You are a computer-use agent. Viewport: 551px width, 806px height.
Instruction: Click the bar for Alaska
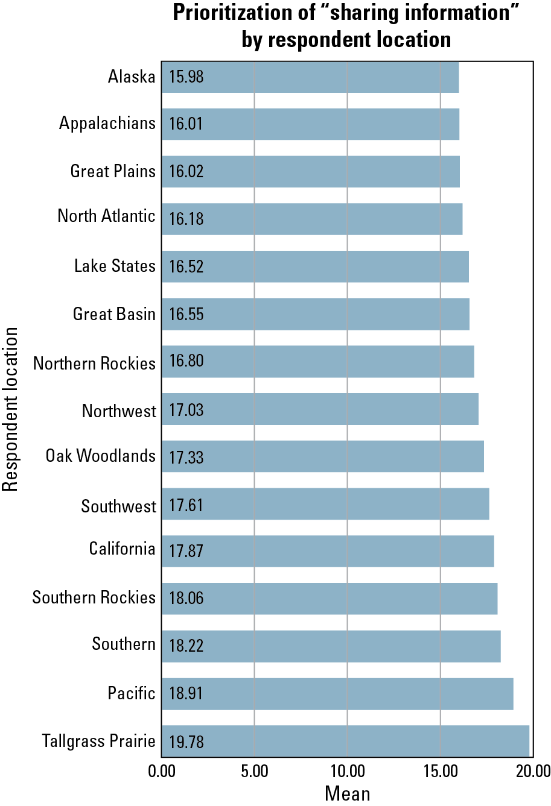(310, 77)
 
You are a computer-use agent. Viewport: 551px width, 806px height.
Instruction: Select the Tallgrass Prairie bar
(345, 741)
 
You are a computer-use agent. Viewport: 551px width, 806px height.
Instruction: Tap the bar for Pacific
(337, 694)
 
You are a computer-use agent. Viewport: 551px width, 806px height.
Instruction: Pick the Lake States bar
(315, 266)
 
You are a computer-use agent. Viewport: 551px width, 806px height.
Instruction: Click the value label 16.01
(186, 124)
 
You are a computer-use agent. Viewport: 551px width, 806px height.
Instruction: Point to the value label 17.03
(186, 410)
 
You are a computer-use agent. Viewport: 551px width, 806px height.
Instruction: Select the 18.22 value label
(186, 646)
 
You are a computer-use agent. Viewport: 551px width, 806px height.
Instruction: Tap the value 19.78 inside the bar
(186, 741)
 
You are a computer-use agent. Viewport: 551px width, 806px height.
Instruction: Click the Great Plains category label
(113, 171)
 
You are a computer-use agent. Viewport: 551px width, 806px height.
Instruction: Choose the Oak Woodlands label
(101, 456)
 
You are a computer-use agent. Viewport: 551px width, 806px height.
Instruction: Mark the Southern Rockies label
(94, 597)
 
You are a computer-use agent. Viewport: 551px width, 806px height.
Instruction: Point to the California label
(122, 549)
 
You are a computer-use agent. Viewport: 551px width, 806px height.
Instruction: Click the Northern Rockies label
(94, 364)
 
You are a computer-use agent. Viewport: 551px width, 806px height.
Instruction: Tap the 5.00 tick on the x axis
(255, 771)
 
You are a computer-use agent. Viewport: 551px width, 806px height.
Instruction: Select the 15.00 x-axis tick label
(441, 771)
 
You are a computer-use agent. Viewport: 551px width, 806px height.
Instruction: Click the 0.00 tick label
(162, 771)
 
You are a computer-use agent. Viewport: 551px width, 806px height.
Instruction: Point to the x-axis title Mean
(348, 793)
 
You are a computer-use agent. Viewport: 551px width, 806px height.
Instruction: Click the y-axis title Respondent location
(10, 409)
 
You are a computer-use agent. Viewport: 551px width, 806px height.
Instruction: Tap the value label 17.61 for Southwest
(186, 505)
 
